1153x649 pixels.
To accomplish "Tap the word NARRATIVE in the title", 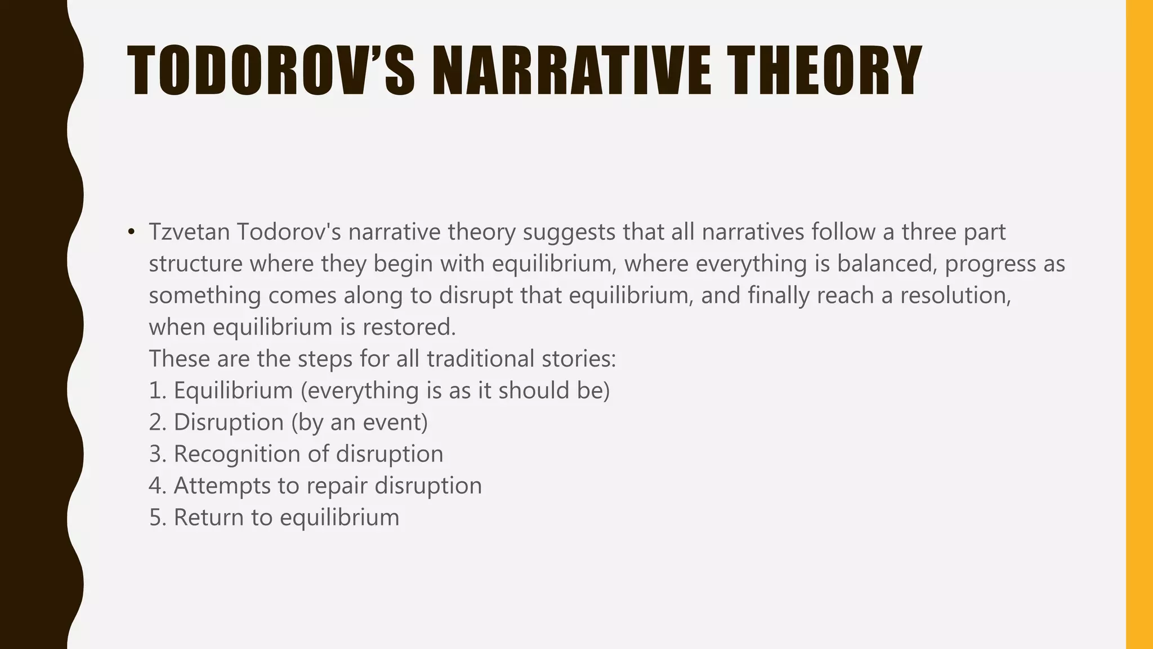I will [572, 71].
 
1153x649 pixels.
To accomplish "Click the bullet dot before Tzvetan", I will [131, 232].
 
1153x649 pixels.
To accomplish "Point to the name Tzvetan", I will [189, 232].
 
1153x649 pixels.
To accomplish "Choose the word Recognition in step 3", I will [237, 454].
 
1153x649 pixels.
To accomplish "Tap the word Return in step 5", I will [208, 517].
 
